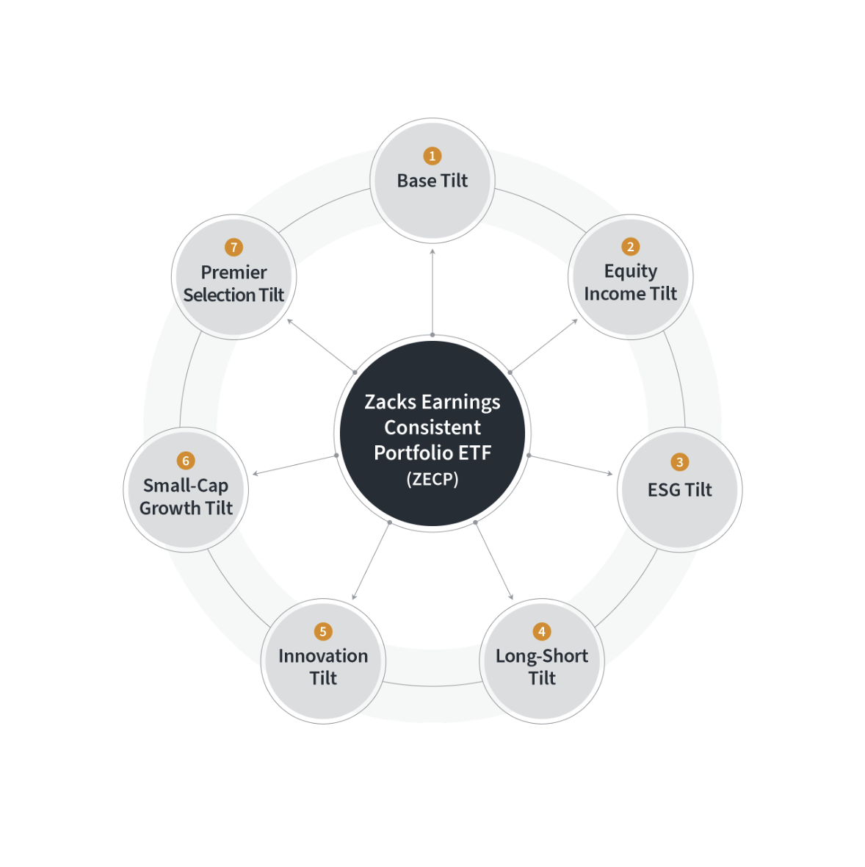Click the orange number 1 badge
[x=432, y=156]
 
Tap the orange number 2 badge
[x=630, y=247]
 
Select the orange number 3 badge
[x=679, y=462]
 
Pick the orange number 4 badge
[x=542, y=631]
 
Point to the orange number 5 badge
[x=323, y=631]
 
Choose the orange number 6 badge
[x=185, y=461]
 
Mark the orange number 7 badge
[x=234, y=248]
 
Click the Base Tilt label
[x=432, y=181]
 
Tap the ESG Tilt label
[x=679, y=490]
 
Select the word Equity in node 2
[x=630, y=271]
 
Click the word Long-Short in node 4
[x=542, y=655]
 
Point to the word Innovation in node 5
[x=323, y=655]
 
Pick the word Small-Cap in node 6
[x=186, y=486]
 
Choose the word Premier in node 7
[x=234, y=272]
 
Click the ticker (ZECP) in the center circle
[x=432, y=479]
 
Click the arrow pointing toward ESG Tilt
[x=571, y=465]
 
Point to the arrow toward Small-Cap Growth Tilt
[x=294, y=465]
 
